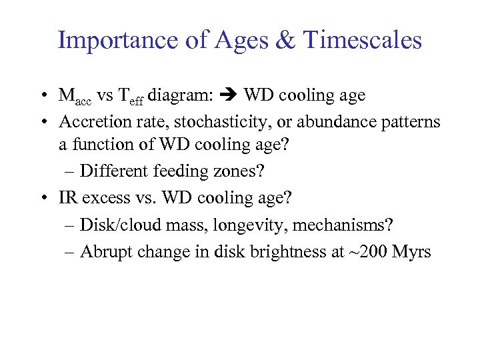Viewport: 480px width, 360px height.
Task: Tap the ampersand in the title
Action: pyautogui.click(x=285, y=41)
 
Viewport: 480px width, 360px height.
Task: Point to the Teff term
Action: pyautogui.click(x=131, y=96)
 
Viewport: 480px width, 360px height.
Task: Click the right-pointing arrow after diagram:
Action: pyautogui.click(x=229, y=95)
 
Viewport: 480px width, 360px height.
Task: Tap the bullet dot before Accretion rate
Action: pyautogui.click(x=42, y=122)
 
